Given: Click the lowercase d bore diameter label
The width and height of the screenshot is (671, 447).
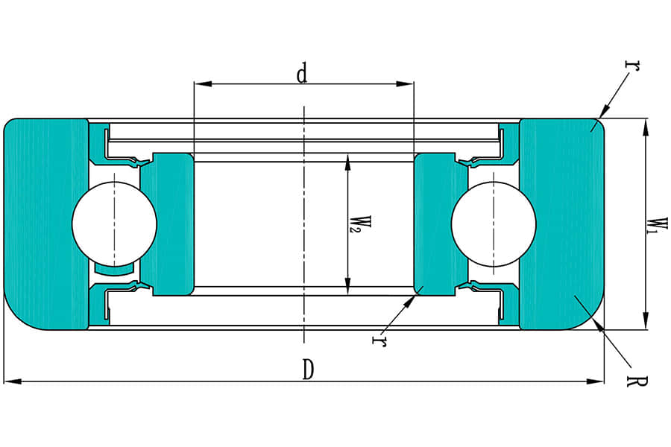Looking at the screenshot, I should coord(302,73).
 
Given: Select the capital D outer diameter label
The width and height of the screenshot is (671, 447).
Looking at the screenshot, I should coord(307,370).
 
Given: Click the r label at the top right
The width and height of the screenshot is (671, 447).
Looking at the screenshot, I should coord(633,66).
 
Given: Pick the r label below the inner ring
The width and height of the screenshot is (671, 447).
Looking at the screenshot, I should coord(379,340).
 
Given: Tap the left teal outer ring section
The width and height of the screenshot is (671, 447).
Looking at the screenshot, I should coord(46,223).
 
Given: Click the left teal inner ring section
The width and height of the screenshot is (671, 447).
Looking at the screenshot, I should coord(167,223).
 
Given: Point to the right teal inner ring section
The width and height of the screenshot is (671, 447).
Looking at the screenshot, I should coord(441,223).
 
